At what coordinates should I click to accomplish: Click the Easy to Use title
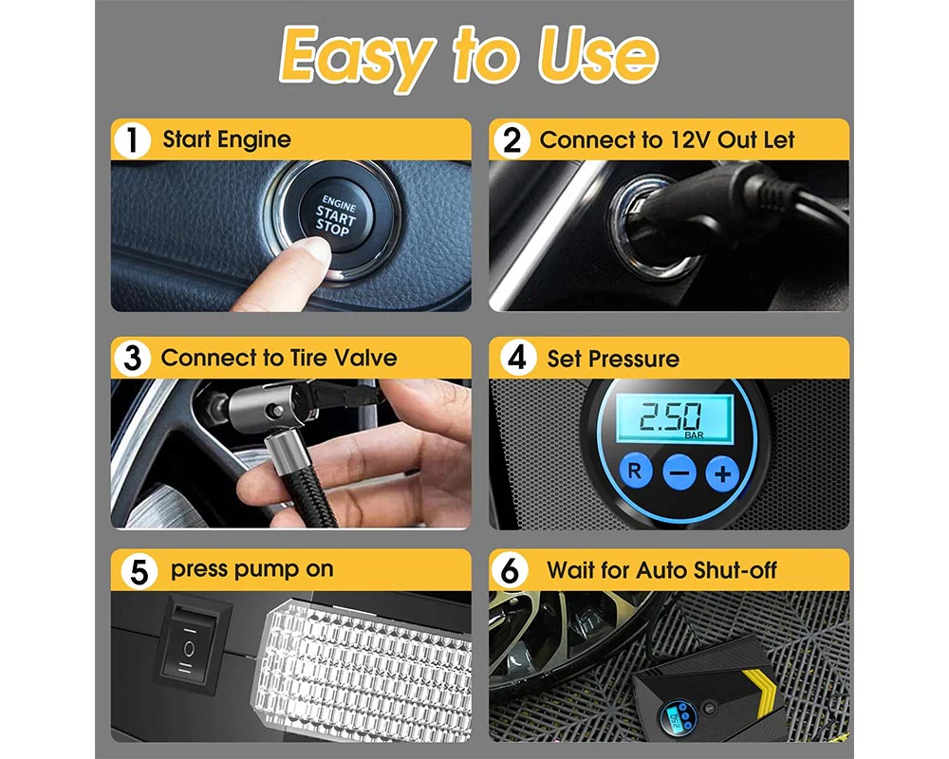(x=469, y=56)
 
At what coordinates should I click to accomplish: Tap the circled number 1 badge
(x=132, y=140)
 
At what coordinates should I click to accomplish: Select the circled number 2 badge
(x=512, y=140)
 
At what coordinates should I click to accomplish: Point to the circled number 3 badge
(x=132, y=359)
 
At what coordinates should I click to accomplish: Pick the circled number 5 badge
(x=139, y=571)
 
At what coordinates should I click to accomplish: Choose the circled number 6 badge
(x=510, y=571)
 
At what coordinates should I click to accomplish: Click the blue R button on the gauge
(x=635, y=471)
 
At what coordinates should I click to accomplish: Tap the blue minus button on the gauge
(x=679, y=472)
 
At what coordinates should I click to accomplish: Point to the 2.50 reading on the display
(x=671, y=417)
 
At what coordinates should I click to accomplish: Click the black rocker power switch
(x=189, y=648)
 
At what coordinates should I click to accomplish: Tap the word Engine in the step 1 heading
(x=254, y=139)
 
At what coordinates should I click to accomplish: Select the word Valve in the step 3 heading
(x=365, y=358)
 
